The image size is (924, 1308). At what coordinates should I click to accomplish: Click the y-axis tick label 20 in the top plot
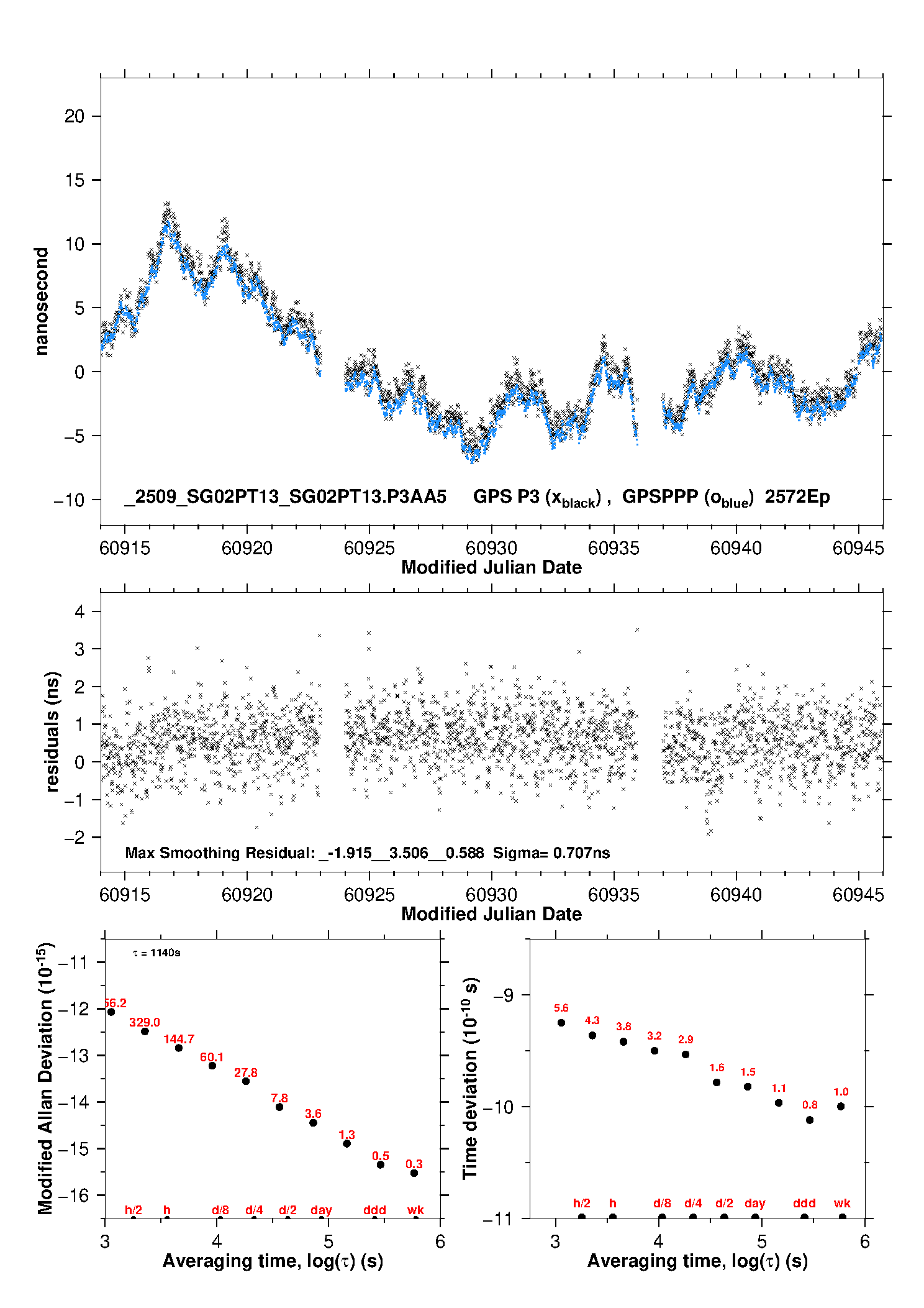coord(74,116)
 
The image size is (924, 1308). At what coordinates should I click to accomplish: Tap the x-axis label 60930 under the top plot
coord(491,548)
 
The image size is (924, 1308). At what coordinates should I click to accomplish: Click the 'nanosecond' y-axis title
coord(42,301)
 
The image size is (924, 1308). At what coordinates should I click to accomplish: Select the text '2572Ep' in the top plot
coord(797,497)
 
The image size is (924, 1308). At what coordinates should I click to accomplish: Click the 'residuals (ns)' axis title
coord(53,731)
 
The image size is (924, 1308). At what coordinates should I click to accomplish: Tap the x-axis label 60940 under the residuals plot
coord(736,895)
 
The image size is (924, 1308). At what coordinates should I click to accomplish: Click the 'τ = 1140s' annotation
coord(156,953)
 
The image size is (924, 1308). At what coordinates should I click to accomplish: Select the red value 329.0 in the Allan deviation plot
coord(145,1022)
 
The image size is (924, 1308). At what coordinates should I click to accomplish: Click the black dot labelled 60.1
coord(212,1066)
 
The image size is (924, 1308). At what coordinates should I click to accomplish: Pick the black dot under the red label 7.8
coord(279,1107)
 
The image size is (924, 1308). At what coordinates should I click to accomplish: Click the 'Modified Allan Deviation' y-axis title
coord(45,1078)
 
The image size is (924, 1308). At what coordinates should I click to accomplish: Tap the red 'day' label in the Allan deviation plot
coord(321,1210)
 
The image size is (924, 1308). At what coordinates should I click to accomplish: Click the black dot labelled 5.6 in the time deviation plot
coord(561,1023)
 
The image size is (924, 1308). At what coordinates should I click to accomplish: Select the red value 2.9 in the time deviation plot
coord(686,1040)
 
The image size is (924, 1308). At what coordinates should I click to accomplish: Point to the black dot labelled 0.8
coord(810,1120)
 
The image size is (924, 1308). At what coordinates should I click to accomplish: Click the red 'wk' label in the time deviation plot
coord(842,1203)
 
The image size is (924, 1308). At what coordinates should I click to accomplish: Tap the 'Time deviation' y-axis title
coord(470,1079)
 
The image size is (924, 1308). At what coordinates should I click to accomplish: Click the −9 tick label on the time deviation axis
coord(503,995)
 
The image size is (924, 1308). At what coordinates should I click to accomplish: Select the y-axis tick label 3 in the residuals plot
coord(79,649)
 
